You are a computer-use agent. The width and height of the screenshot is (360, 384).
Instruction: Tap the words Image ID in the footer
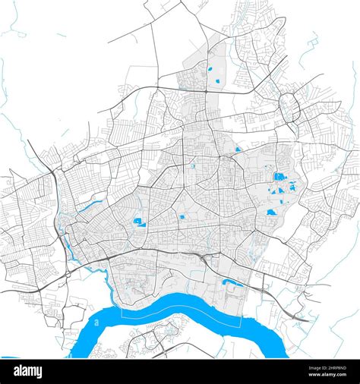pyautogui.click(x=306, y=366)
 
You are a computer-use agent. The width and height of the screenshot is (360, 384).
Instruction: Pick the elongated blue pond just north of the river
pyautogui.click(x=232, y=283)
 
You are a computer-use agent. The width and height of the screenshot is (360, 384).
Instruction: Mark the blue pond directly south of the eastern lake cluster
pyautogui.click(x=270, y=212)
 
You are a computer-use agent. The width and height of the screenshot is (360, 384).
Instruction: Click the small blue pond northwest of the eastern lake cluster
pyautogui.click(x=238, y=150)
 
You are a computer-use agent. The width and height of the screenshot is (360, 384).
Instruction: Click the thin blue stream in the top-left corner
pyautogui.click(x=12, y=27)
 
